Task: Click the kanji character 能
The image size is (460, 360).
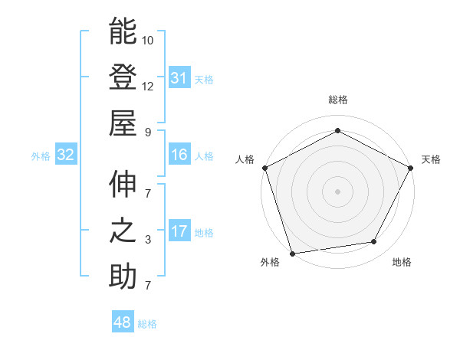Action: (x=123, y=32)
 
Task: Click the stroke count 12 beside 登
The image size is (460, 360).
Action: (x=148, y=87)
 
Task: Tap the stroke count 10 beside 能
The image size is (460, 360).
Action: (x=148, y=41)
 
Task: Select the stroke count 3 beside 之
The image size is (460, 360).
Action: (x=148, y=241)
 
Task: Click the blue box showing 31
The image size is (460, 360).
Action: (x=179, y=77)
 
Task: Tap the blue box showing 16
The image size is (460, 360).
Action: (x=179, y=155)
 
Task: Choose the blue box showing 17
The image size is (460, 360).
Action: (x=179, y=231)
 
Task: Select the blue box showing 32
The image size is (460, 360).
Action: (x=65, y=155)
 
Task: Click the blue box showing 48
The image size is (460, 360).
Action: (x=122, y=322)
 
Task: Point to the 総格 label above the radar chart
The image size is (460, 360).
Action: (x=337, y=100)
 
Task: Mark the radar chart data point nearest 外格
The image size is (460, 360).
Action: (x=292, y=254)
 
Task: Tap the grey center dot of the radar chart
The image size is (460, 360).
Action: (x=337, y=191)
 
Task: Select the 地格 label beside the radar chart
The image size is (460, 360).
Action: (x=402, y=262)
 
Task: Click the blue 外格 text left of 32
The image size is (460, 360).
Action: (x=41, y=156)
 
